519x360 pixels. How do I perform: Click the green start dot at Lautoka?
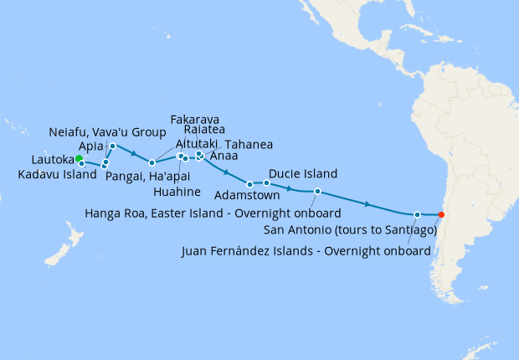coord(78,158)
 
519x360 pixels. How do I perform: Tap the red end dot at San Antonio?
coord(441,214)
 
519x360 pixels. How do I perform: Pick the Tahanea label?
coord(248,144)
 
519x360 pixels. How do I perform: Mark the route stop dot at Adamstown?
coord(250,184)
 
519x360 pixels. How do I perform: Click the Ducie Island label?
coord(303,174)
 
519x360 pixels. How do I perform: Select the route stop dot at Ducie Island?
coord(267,183)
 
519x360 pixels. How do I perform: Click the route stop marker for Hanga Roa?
coord(317,192)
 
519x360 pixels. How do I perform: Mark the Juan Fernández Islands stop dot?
coord(417,214)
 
